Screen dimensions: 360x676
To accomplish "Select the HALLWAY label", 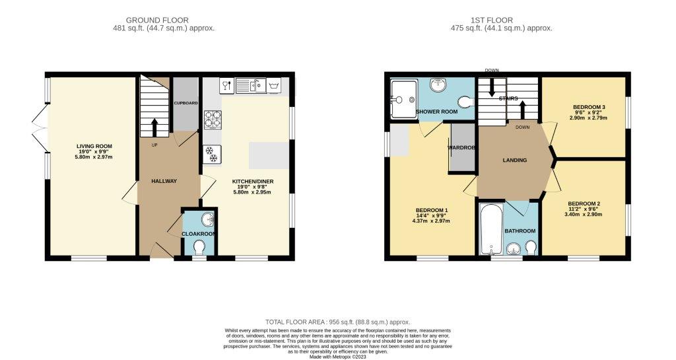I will click(x=164, y=181).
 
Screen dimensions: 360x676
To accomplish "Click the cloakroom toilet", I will click(x=199, y=246).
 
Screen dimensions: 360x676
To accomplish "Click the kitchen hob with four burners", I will click(x=213, y=120).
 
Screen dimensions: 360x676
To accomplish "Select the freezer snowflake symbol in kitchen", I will click(x=213, y=154).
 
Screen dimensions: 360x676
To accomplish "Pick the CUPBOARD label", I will click(x=186, y=104).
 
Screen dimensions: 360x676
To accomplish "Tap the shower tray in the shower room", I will click(x=403, y=99).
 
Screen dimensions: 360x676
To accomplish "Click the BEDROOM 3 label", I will click(x=589, y=107).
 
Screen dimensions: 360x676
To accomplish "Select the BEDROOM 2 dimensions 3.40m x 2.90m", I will click(x=584, y=215).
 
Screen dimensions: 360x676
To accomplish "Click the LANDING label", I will click(x=514, y=160).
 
